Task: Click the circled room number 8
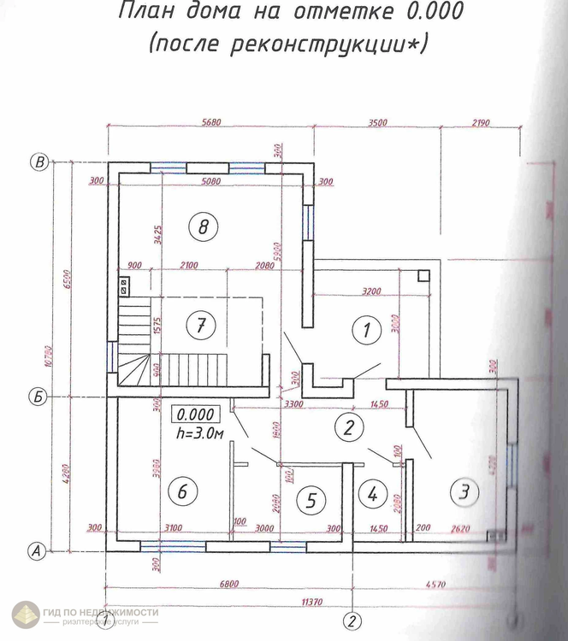[x=203, y=226]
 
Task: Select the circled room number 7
[x=200, y=325]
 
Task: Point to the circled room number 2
[x=347, y=427]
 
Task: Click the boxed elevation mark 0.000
[x=197, y=415]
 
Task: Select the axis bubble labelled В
[x=37, y=162]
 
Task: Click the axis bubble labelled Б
[x=37, y=397]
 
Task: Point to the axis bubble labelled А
[x=37, y=551]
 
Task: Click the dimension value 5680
[x=209, y=122]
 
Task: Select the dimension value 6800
[x=228, y=583]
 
